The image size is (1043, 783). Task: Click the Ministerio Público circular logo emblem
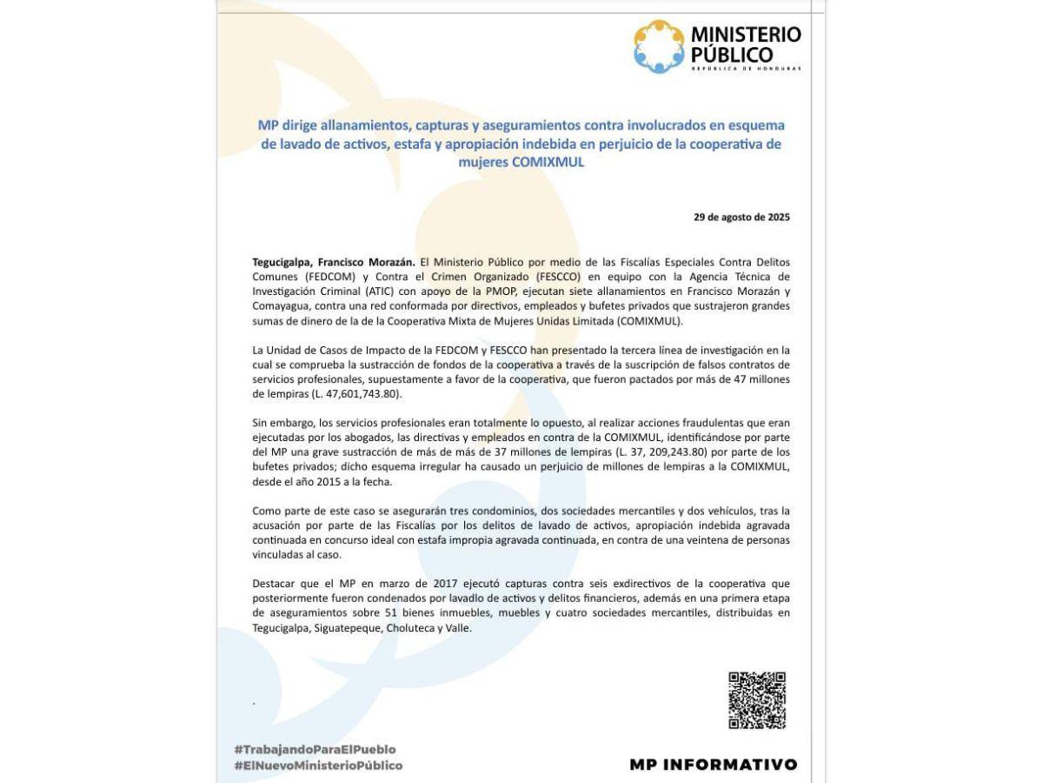coord(659,47)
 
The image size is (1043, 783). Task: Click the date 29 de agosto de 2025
coord(741,217)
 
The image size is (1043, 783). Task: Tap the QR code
coord(756,699)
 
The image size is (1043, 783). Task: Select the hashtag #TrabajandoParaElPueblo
coord(315,749)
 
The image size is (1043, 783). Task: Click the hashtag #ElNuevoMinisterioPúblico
coord(318,766)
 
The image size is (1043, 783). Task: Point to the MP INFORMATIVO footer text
coord(713,765)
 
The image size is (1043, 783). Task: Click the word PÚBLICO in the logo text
coord(733,56)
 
